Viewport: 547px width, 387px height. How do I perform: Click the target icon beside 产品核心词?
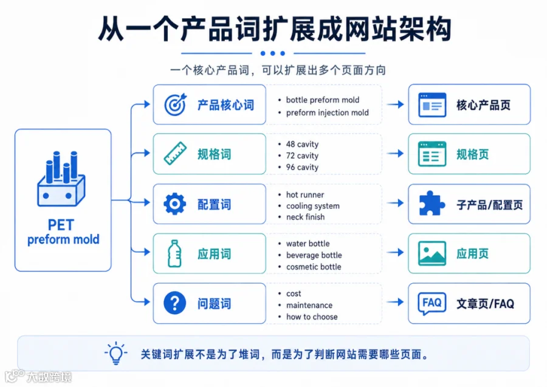[x=176, y=104]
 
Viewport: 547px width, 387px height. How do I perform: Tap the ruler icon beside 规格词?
[x=175, y=154]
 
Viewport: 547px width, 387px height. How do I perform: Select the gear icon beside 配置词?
[x=175, y=204]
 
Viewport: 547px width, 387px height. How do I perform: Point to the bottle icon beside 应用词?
[x=174, y=253]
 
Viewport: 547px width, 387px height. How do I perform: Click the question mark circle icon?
[x=175, y=303]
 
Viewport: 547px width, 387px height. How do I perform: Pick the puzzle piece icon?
[x=432, y=204]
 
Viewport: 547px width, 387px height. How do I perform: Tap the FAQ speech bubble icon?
[x=432, y=303]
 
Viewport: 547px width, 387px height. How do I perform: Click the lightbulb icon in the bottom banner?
[x=116, y=353]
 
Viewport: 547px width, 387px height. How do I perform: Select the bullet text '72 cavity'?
[x=302, y=156]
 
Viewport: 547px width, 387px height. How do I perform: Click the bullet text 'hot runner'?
[x=305, y=194]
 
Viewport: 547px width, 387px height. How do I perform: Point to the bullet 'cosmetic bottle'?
[x=314, y=267]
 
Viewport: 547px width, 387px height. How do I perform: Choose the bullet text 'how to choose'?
[x=312, y=317]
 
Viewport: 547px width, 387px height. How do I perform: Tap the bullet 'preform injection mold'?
[x=327, y=112]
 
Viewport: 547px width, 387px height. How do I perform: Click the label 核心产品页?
[x=483, y=105]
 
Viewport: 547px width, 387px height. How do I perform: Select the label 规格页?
[x=472, y=154]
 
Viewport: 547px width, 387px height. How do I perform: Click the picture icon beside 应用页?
[x=432, y=253]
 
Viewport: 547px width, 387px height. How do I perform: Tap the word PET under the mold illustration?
[x=61, y=225]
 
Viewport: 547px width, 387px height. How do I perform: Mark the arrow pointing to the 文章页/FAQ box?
[x=395, y=303]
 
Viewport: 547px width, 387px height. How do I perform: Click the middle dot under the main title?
[x=273, y=53]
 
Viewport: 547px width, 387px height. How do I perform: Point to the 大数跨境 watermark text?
[x=49, y=377]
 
